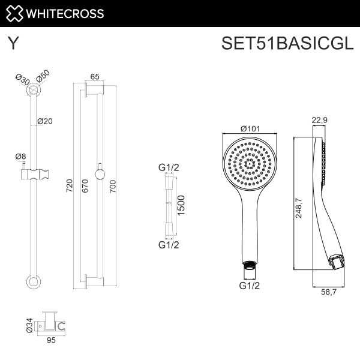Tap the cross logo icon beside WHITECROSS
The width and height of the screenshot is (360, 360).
(14, 13)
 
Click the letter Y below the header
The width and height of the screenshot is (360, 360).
(12, 44)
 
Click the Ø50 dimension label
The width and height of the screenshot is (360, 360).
(43, 77)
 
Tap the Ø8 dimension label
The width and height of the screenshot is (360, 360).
(20, 157)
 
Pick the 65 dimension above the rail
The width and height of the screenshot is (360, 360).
(95, 77)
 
